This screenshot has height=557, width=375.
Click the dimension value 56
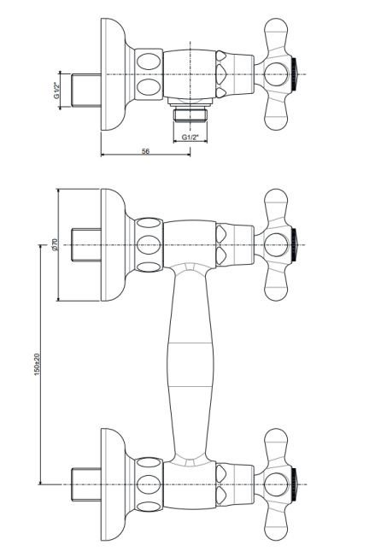[x=145, y=151]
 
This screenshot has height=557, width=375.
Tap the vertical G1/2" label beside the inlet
[x=56, y=91]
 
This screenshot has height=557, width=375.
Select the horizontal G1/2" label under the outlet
[x=190, y=138]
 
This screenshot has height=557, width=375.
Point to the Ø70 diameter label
[x=55, y=244]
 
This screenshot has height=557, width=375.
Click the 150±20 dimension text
[x=38, y=365]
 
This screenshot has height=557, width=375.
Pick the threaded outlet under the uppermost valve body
[x=190, y=115]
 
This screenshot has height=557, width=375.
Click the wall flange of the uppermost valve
[x=113, y=74]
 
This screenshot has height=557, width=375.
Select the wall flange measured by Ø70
[x=113, y=244]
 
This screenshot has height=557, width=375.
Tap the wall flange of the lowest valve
[x=113, y=484]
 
